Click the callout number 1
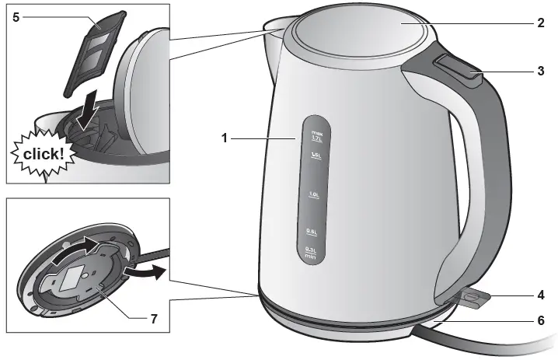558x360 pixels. (224, 138)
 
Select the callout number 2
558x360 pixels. (539, 23)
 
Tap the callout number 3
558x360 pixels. (539, 71)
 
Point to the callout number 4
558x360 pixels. (539, 295)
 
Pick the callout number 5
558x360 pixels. (16, 16)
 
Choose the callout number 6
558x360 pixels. (539, 320)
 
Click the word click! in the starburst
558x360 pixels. (44, 155)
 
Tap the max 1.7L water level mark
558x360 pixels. (317, 136)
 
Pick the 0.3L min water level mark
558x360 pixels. (310, 250)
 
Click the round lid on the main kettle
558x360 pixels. (361, 31)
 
